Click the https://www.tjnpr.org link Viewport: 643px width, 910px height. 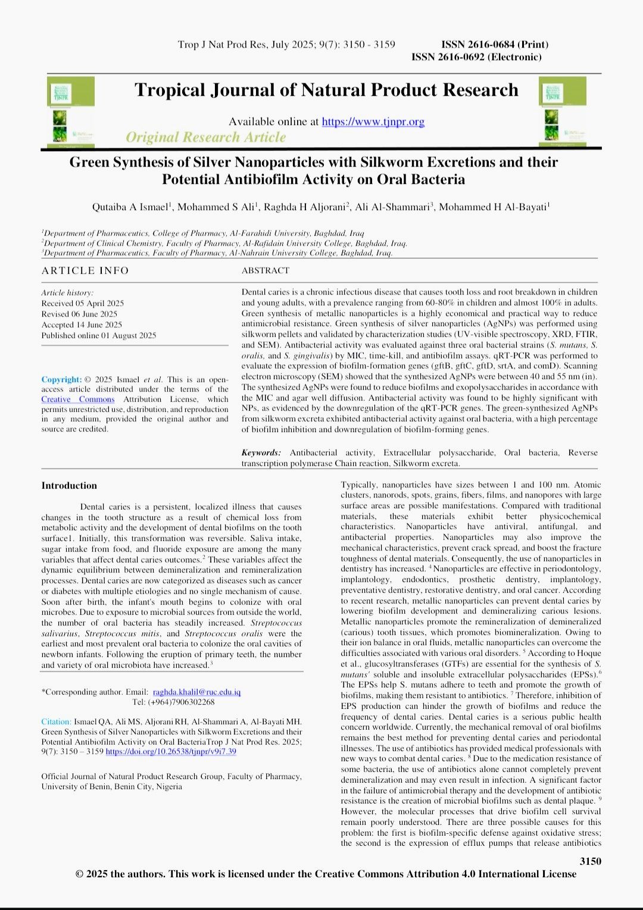pos(373,122)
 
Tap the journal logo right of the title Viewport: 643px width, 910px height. pos(562,111)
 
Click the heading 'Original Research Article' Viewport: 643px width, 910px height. pos(205,137)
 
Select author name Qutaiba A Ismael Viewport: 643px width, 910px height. pos(130,207)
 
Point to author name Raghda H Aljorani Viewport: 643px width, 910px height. pos(305,207)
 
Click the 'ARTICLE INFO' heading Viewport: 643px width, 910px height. pos(85,271)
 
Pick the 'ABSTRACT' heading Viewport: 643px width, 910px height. pos(266,271)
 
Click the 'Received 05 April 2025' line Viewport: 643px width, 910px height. pos(83,304)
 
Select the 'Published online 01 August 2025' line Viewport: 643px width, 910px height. pos(99,336)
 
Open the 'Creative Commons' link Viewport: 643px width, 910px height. pos(78,399)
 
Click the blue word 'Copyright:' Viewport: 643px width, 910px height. pos(61,380)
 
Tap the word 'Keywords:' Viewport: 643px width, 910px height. pos(261,453)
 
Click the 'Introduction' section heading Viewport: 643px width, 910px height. pos(69,486)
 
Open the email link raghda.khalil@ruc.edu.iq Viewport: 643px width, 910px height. pos(196,692)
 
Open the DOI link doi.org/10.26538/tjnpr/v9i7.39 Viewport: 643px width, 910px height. pos(171,752)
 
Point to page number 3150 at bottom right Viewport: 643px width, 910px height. pos(590,861)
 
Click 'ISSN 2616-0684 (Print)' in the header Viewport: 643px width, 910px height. pos(495,45)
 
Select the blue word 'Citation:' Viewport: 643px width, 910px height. pos(56,721)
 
